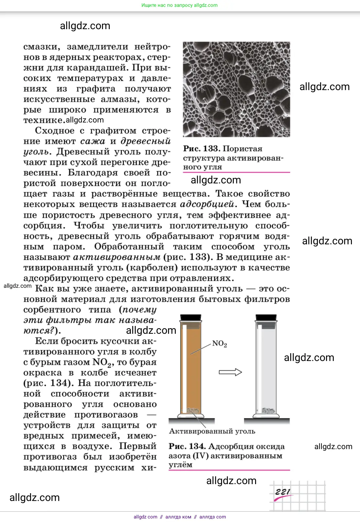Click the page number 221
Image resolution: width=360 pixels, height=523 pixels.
pos(282,492)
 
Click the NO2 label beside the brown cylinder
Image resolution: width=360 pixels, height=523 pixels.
pos(219,344)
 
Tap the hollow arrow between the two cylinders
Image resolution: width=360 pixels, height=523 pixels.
pos(230,372)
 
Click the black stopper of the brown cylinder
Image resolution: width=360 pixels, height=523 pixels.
pos(191,317)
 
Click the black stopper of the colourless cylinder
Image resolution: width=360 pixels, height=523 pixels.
pos(266,317)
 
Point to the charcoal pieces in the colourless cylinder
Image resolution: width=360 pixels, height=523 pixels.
pos(268,411)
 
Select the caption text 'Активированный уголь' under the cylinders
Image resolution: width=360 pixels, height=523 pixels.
pos(212,431)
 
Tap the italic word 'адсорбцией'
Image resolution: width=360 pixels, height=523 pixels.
pos(207,204)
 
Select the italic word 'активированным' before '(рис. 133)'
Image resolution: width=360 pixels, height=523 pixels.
pos(117,257)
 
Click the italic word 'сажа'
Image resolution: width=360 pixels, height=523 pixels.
pos(93,141)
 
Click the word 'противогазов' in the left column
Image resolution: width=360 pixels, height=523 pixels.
pos(106,415)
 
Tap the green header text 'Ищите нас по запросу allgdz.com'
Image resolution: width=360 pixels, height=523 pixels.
pos(179,5)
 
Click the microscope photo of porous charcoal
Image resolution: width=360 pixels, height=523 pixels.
pos(236,89)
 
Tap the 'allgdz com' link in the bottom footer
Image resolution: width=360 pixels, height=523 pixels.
pos(145,517)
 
